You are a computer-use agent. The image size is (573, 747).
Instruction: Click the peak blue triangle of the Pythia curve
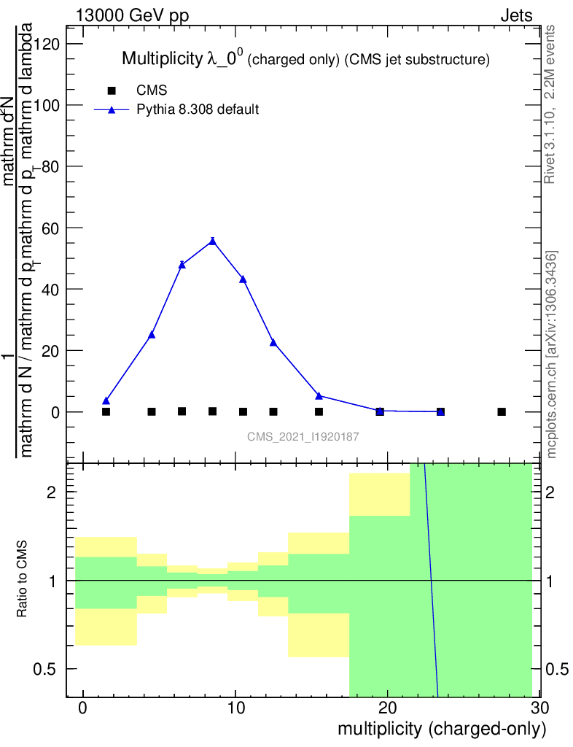tap(212, 241)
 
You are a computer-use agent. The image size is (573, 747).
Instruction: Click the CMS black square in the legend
tap(112, 90)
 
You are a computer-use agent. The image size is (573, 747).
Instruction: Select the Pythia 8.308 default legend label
tap(198, 110)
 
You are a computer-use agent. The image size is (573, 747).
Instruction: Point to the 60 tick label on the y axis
tap(53, 228)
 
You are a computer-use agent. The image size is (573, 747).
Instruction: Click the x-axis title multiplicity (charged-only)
tap(441, 729)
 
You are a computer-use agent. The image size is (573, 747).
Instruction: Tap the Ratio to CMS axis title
tap(23, 579)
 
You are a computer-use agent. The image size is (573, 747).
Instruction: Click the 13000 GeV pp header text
tap(133, 15)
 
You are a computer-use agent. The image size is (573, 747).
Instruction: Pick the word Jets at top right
tap(516, 15)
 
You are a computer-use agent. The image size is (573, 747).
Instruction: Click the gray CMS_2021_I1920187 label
tap(303, 436)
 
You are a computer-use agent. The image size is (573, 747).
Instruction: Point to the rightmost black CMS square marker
tap(502, 411)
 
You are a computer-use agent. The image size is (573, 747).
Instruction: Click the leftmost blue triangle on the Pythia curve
tap(106, 400)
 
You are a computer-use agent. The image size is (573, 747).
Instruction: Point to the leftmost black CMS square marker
tap(106, 411)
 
